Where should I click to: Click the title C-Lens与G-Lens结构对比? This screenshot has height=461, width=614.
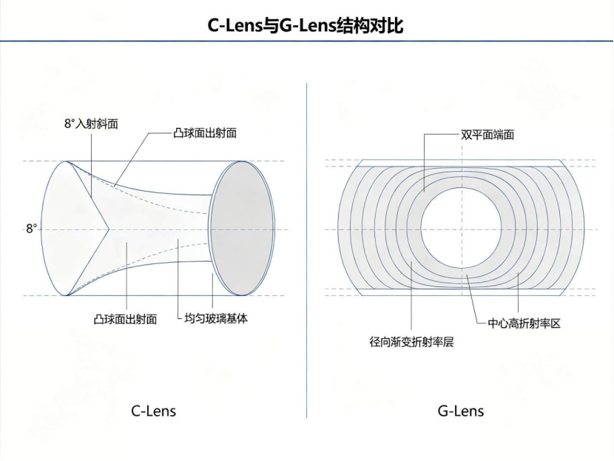pyautogui.click(x=305, y=26)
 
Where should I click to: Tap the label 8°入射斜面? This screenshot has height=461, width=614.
pyautogui.click(x=91, y=124)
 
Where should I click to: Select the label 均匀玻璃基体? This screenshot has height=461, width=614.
pyautogui.click(x=216, y=318)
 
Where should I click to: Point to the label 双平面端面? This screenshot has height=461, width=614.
pyautogui.click(x=487, y=135)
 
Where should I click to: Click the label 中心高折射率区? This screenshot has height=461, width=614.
pyautogui.click(x=524, y=323)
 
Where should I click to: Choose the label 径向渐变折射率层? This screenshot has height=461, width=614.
pyautogui.click(x=411, y=342)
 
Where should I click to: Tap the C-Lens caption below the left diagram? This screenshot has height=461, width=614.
pyautogui.click(x=154, y=411)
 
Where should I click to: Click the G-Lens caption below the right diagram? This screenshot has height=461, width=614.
pyautogui.click(x=461, y=411)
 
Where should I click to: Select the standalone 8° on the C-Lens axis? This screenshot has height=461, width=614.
pyautogui.click(x=31, y=229)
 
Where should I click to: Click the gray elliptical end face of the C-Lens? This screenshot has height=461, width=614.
pyautogui.click(x=242, y=229)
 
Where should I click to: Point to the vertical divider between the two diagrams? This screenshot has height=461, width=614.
pyautogui.click(x=306, y=251)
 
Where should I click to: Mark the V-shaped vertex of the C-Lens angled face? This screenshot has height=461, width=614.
pyautogui.click(x=109, y=229)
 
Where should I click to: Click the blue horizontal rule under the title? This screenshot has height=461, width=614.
pyautogui.click(x=307, y=41)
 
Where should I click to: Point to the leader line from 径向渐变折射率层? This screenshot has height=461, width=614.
pyautogui.click(x=411, y=295)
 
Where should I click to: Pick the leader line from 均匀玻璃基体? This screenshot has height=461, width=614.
pyautogui.click(x=178, y=278)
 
